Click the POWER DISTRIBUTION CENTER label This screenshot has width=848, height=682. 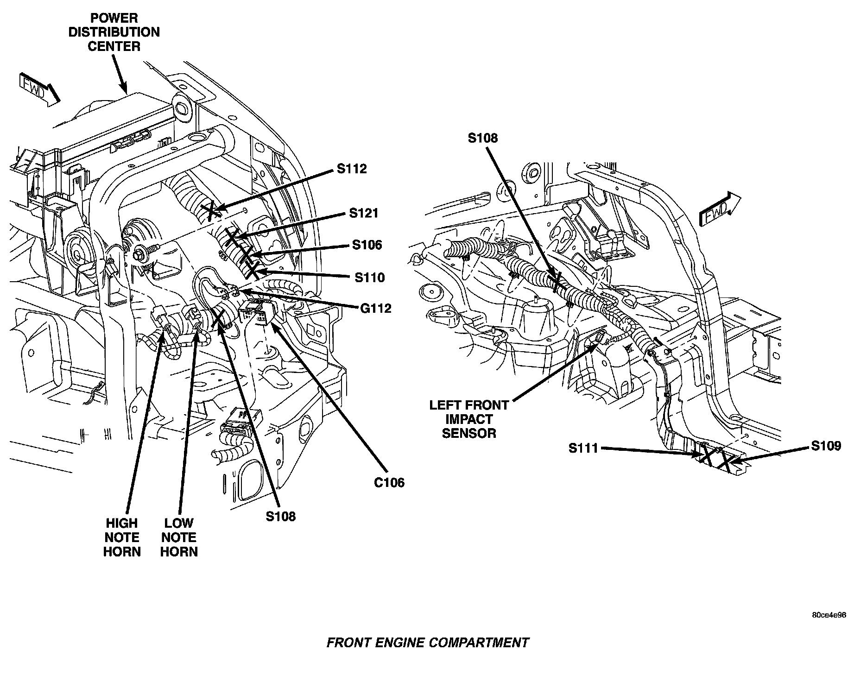tap(114, 32)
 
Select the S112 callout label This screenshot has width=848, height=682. tap(352, 169)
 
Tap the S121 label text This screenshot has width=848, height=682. tap(364, 213)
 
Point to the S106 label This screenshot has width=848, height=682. tap(367, 245)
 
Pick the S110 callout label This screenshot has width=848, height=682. tap(370, 278)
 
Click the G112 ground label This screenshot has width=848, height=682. tap(376, 308)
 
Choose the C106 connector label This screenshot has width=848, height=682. tap(389, 483)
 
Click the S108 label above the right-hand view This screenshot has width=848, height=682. tap(482, 138)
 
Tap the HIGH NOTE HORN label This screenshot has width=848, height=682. tap(121, 537)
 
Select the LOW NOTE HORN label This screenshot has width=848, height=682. tap(179, 537)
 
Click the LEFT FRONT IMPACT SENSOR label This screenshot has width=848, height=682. tap(469, 419)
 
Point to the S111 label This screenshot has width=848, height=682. tap(584, 448)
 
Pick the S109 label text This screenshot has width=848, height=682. tap(826, 446)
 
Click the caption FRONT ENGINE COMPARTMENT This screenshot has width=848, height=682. tap(427, 643)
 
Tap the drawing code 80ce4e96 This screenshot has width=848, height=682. tap(829, 615)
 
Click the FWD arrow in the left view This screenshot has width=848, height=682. tap(40, 89)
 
